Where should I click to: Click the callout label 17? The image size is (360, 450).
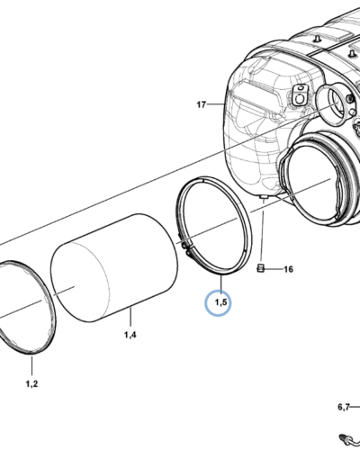[202, 104]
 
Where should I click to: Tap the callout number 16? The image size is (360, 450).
[288, 269]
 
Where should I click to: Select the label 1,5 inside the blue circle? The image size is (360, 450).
[220, 302]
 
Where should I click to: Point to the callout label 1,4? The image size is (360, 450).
[130, 335]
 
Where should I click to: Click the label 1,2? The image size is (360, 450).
[31, 383]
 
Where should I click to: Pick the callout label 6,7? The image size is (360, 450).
[344, 407]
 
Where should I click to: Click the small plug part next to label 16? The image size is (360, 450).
[260, 268]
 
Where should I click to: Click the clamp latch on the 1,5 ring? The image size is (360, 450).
[185, 247]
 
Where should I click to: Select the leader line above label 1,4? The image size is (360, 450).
[130, 318]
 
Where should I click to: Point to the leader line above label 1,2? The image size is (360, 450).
[31, 365]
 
